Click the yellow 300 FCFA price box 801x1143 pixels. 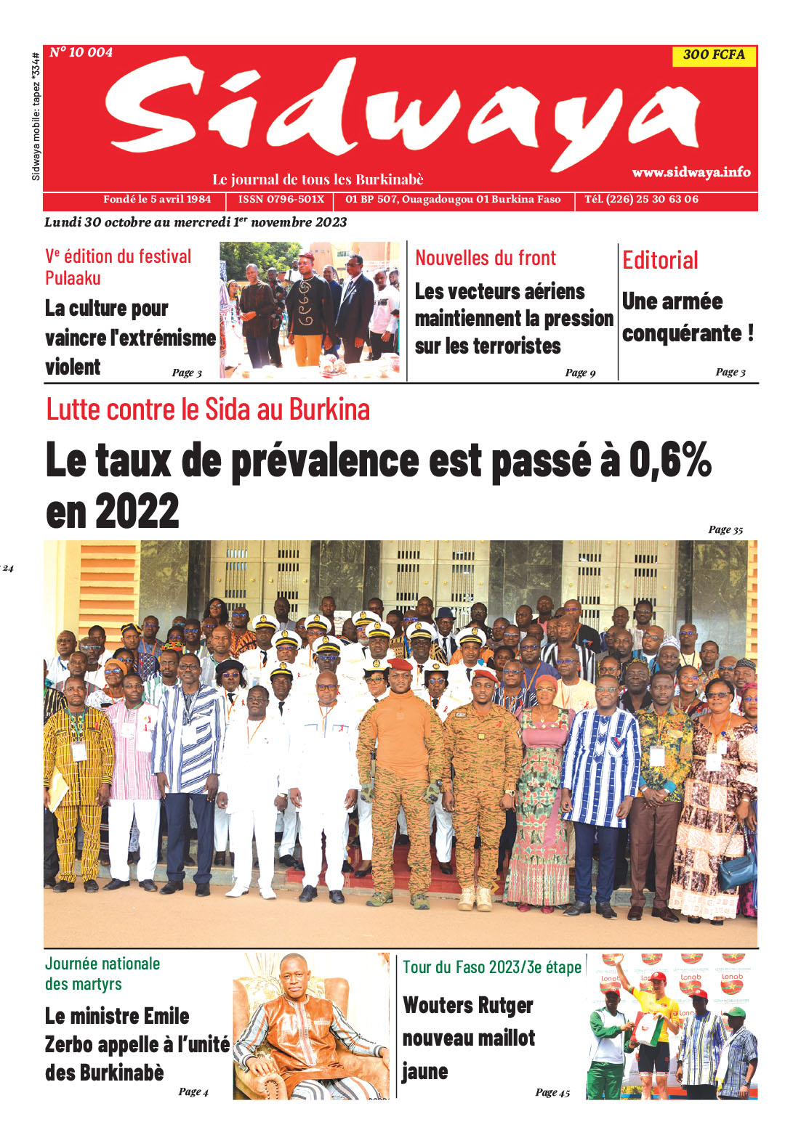714,55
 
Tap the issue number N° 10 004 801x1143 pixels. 81,52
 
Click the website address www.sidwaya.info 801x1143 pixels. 691,172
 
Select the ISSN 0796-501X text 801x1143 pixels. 281,199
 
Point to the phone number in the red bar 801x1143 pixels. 641,199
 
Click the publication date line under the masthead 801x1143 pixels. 196,222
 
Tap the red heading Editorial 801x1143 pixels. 660,260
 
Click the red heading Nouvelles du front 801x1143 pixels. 485,258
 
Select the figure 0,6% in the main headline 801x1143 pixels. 669,460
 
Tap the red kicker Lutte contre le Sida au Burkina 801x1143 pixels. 208,410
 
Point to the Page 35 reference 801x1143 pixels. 725,529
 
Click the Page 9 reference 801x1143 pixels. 580,373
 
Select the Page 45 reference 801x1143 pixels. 552,1092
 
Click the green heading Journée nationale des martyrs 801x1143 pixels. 102,974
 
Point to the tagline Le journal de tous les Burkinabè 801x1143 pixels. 318,179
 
